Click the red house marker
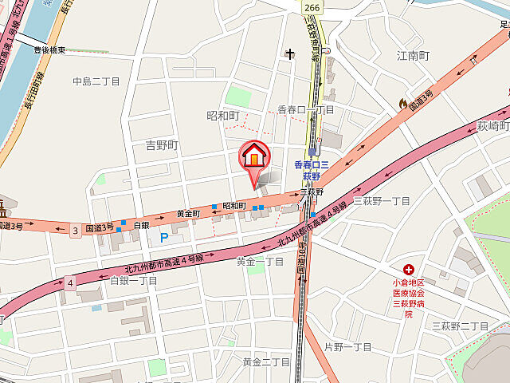pos(254,156)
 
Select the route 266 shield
pos(312,6)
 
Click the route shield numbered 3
pos(76,231)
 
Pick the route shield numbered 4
pos(70,282)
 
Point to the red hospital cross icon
pos(408,270)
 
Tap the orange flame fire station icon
pos(402,103)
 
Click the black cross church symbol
pos(288,54)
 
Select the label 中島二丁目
pos(96,81)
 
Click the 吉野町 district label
pos(162,145)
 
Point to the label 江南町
pos(413,56)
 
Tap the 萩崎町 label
pos(493,125)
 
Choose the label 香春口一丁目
pos(306,109)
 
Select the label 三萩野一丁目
pos(381,200)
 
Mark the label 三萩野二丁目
pos(460,326)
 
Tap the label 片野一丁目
pos(348,347)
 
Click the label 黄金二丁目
pos(266,361)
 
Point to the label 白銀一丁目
pos(133,280)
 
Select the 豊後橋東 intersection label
pos(49,50)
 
